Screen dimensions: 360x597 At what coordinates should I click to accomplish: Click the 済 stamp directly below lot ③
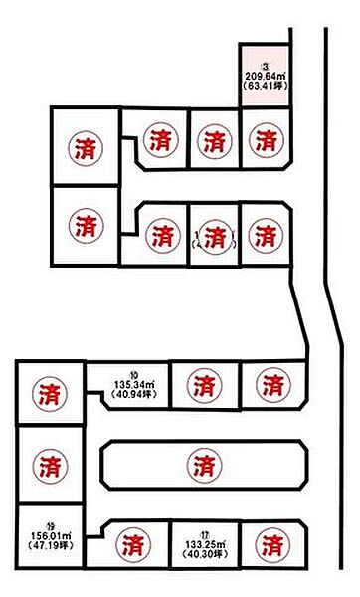[x=265, y=140]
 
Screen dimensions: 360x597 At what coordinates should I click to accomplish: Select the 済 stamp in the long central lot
[x=203, y=463]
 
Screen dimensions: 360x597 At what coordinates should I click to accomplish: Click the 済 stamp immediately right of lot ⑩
[x=203, y=383]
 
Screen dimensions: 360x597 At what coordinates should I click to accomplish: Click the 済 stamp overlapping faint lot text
[x=212, y=237]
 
